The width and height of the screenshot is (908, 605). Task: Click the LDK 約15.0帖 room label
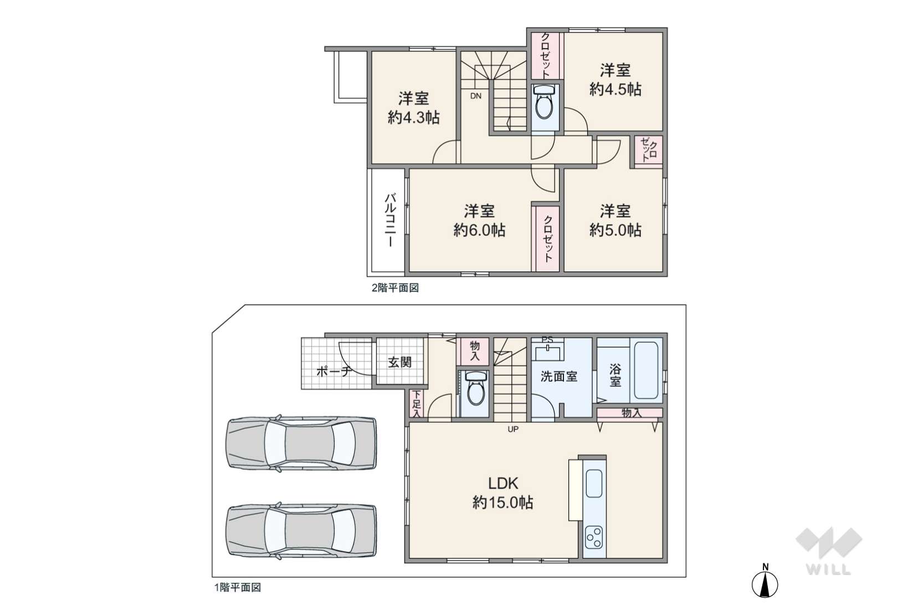point(502,493)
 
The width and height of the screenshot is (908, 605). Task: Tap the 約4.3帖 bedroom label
point(413,108)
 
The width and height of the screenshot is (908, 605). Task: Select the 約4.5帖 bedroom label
point(615,80)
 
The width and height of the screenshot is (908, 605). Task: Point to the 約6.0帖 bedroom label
point(479,220)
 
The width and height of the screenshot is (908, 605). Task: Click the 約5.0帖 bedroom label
point(615,220)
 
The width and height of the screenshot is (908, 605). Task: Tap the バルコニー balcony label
point(389,220)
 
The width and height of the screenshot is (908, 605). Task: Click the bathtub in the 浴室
point(645,371)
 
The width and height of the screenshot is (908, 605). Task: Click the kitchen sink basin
point(594,484)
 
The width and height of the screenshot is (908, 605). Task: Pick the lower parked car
point(301,530)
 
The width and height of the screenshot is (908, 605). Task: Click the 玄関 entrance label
point(399,363)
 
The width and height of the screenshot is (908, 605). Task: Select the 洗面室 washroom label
point(559,377)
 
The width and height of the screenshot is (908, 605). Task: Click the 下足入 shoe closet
point(415,404)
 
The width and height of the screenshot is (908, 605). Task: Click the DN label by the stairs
point(476,96)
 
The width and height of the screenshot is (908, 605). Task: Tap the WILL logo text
point(829,569)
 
